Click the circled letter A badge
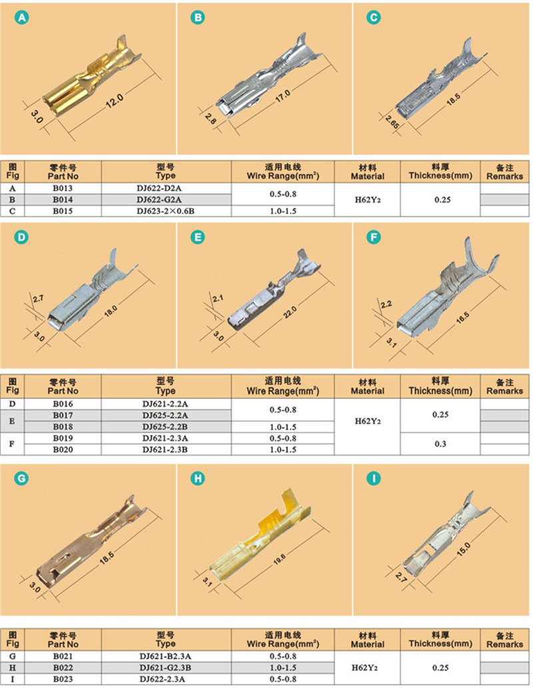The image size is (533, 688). tap(21, 17)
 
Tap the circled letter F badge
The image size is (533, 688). tap(374, 237)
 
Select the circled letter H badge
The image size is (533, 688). tap(198, 478)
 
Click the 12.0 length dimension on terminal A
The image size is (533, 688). tap(115, 101)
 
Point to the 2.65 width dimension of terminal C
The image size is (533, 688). tap(392, 123)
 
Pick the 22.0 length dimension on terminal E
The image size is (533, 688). tap(290, 312)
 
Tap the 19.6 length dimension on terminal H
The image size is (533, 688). tap(279, 559)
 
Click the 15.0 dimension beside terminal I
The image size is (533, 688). tap(464, 549)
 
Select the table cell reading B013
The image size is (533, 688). tap(63, 188)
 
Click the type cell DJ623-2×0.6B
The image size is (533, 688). tap(165, 211)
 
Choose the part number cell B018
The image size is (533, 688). tap(63, 426)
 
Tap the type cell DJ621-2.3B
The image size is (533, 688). tap(165, 450)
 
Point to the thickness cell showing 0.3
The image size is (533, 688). tap(440, 444)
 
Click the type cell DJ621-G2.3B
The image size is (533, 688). tap(165, 668)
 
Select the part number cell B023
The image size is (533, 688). tap(63, 679)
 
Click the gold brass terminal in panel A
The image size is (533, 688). tap(92, 80)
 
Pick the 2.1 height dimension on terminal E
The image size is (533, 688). tap(218, 298)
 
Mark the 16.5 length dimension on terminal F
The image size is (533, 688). tap(462, 317)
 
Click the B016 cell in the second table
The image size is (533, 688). tap(63, 404)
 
